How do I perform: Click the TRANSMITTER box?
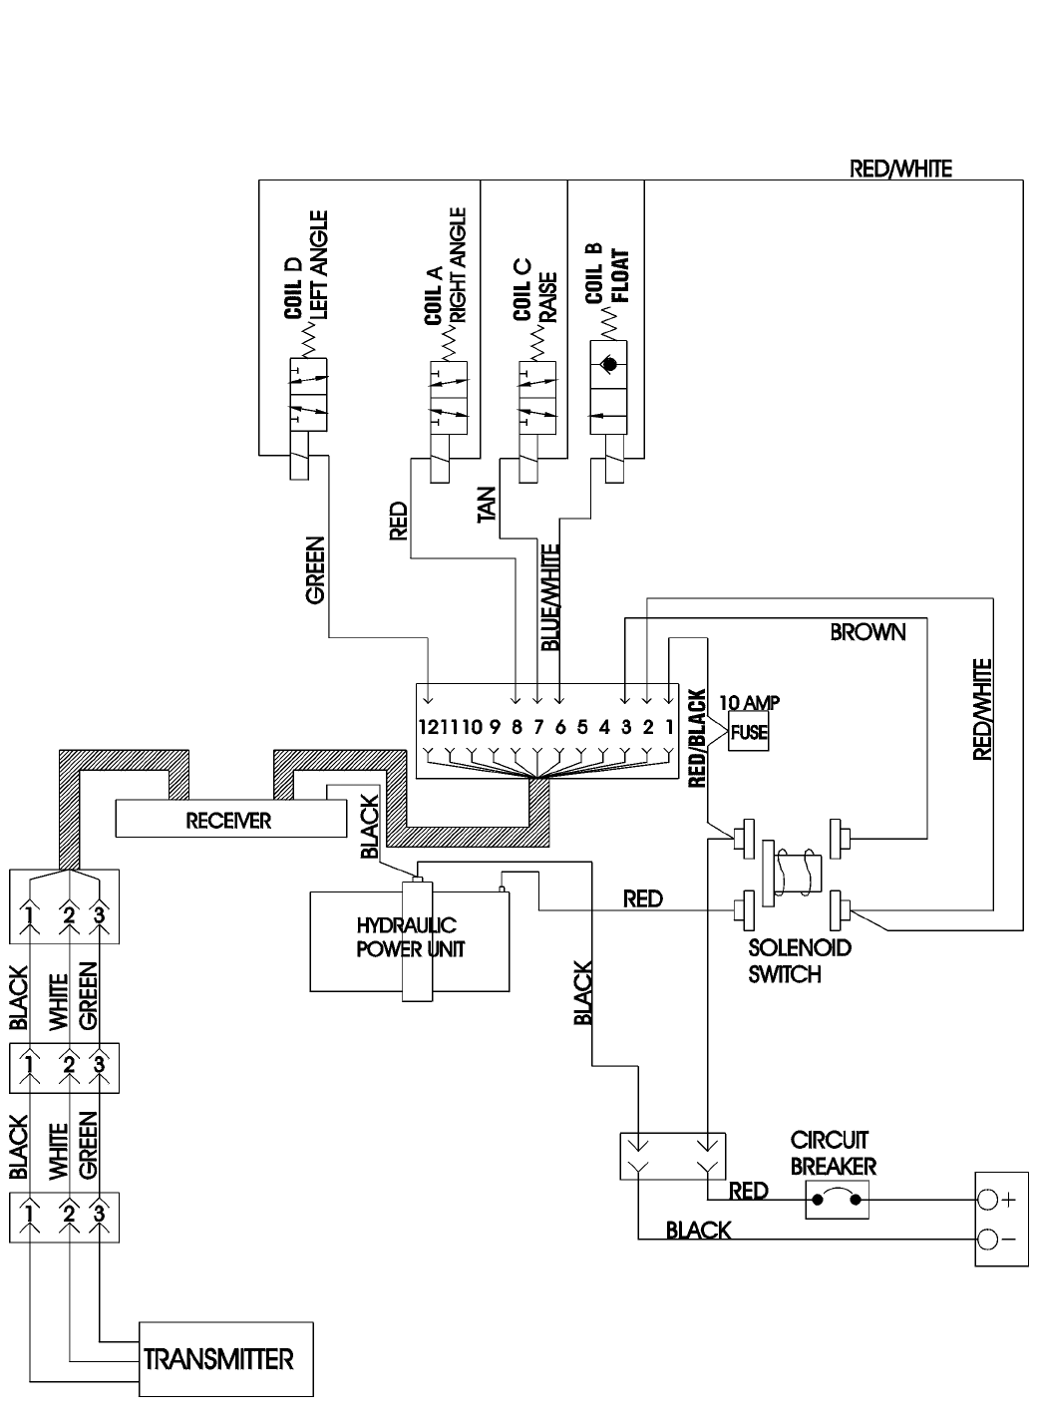[226, 1359]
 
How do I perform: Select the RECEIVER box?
[231, 819]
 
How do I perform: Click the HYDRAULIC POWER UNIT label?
[410, 937]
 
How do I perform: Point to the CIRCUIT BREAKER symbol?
[837, 1200]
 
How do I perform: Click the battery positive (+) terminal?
[987, 1200]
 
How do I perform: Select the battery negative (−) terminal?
[987, 1240]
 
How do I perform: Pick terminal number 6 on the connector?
[560, 727]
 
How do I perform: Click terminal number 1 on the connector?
[669, 727]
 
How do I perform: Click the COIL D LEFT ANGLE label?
[307, 265]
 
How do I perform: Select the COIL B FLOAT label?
[607, 275]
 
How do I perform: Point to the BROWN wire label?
[867, 632]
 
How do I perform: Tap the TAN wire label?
[487, 505]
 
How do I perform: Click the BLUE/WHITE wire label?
[550, 597]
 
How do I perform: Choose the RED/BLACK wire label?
[697, 738]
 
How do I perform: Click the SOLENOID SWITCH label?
[800, 960]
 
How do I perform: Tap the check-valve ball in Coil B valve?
[609, 364]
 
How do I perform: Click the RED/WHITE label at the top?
[900, 169]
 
